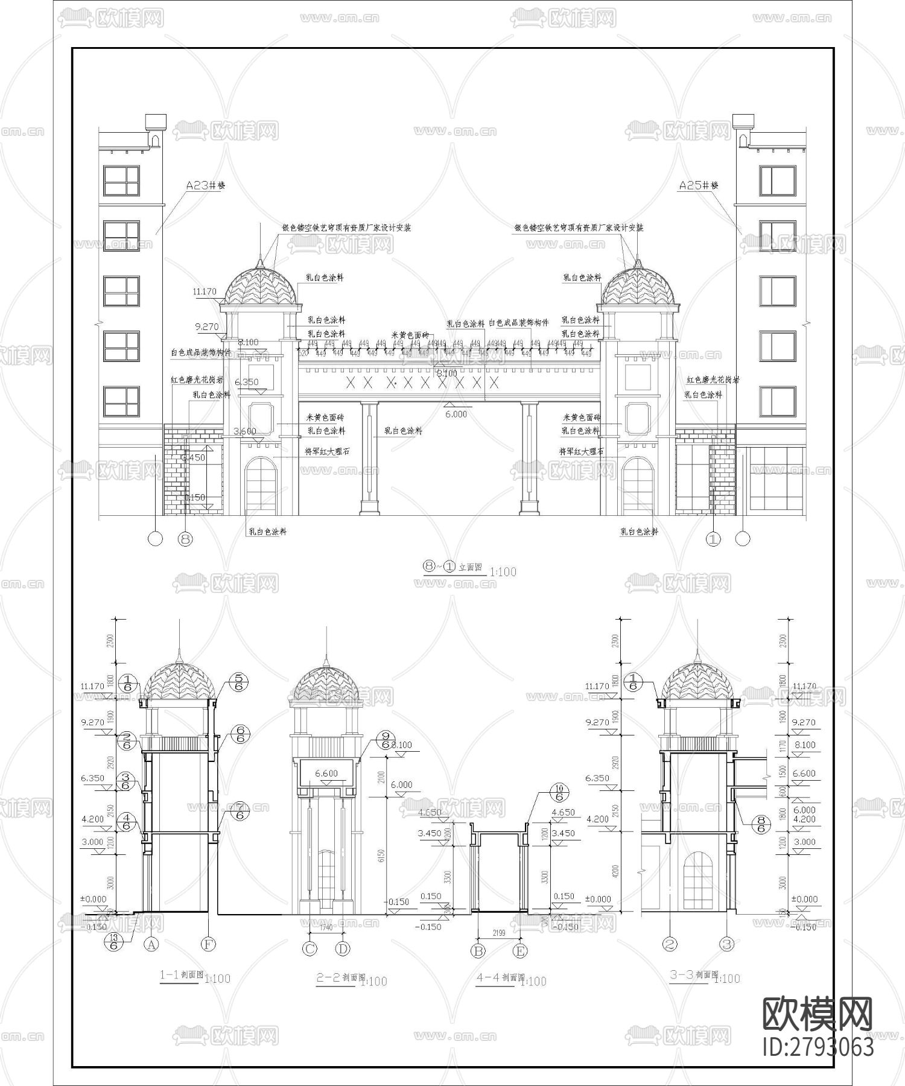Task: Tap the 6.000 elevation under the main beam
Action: tap(456, 414)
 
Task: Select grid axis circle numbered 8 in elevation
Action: tap(185, 539)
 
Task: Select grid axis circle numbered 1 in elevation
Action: tap(713, 539)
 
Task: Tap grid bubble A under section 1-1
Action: tap(151, 944)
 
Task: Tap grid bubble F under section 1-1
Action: tap(208, 944)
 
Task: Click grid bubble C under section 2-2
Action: tap(310, 948)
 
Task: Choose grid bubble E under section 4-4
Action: tap(520, 951)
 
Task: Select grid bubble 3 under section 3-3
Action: tap(727, 944)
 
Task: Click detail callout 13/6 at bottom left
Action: tap(112, 941)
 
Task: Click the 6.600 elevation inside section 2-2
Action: tap(326, 773)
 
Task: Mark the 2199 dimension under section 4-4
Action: tap(499, 933)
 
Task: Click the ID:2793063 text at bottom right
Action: tap(818, 1047)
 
